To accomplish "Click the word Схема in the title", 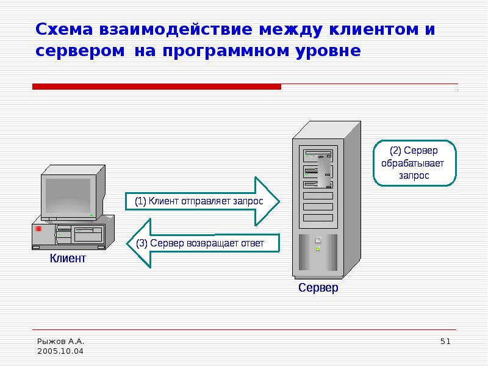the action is (64, 29).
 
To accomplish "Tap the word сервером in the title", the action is (80, 51).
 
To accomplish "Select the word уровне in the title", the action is (328, 51).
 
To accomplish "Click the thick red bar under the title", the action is (157, 87).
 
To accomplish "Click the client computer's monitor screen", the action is (68, 195).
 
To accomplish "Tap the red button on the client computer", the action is (38, 229).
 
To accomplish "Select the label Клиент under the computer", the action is (68, 258).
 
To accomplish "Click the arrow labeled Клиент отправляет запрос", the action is (203, 201).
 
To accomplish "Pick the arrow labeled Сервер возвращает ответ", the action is (203, 243).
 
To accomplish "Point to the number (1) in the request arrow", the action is (140, 201).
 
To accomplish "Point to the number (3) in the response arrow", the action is (142, 243).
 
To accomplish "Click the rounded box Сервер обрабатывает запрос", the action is (415, 163).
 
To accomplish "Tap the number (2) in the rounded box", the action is (395, 151).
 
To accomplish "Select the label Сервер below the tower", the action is (318, 287).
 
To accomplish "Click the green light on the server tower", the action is (318, 249).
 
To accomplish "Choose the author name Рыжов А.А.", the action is (60, 342).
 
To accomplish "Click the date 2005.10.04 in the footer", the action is (60, 351).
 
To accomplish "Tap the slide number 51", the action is (445, 342).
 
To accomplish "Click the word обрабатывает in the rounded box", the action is (413, 163).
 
